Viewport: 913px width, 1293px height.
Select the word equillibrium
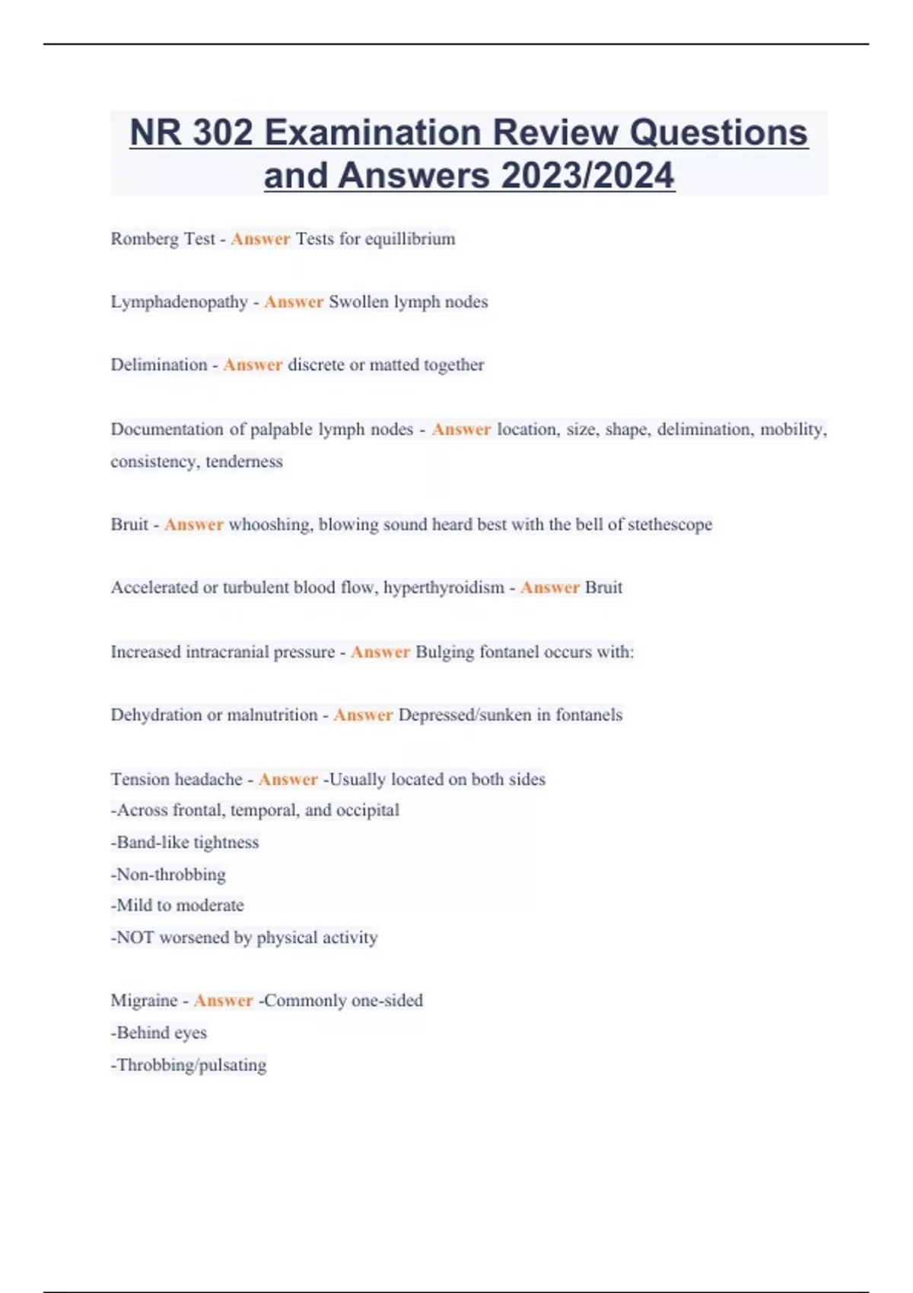pos(410,239)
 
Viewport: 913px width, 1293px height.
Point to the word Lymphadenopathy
pos(180,302)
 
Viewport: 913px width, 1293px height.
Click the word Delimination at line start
pos(159,365)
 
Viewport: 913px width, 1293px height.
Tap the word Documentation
pos(167,430)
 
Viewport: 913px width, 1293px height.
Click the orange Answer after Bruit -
pos(194,525)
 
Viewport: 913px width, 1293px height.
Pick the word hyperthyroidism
pos(444,588)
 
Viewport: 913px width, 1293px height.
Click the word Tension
pos(138,780)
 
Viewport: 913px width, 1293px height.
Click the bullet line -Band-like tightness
pos(185,843)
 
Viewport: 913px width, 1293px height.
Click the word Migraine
pos(144,1001)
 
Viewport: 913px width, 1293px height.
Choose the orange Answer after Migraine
pos(223,1001)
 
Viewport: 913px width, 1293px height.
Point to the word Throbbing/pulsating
pos(191,1065)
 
